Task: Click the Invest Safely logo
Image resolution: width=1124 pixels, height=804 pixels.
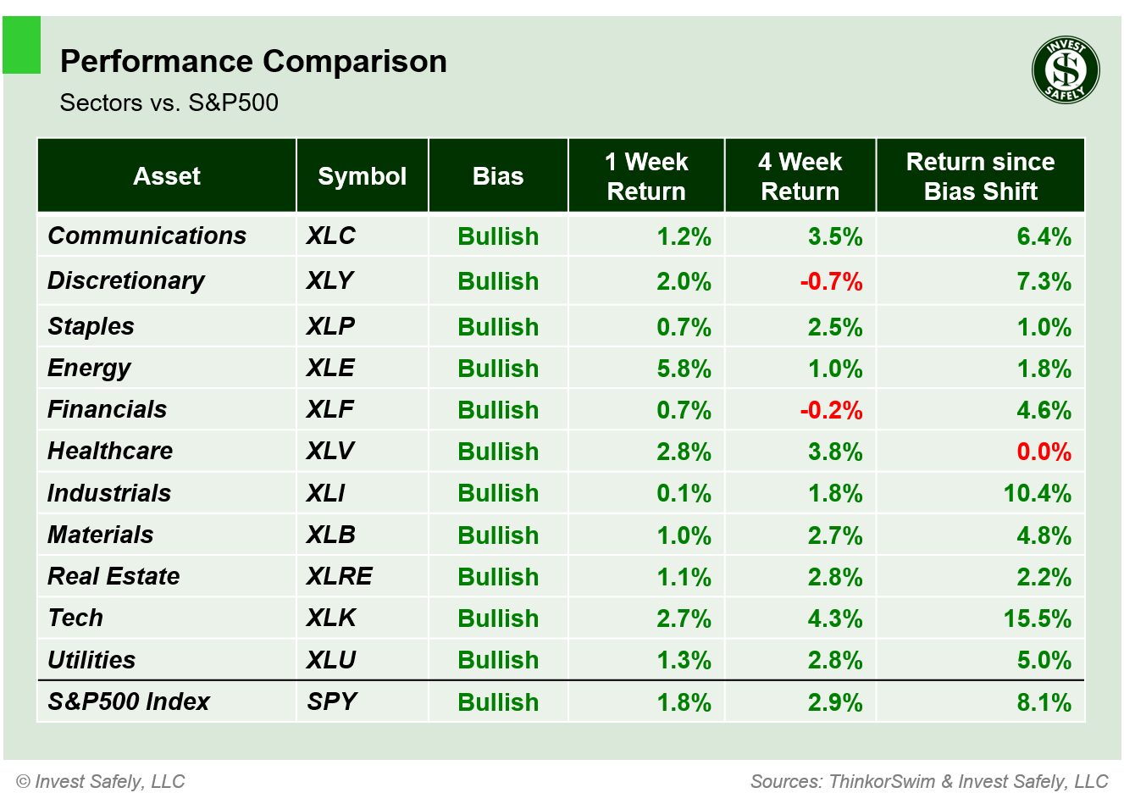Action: pyautogui.click(x=1066, y=70)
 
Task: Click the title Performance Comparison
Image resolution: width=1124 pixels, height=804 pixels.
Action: pyautogui.click(x=253, y=62)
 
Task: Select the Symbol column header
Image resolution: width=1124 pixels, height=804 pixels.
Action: pyautogui.click(x=362, y=176)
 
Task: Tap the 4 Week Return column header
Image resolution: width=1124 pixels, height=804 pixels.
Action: pyautogui.click(x=800, y=176)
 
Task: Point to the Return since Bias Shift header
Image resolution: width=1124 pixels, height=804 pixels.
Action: pyautogui.click(x=980, y=176)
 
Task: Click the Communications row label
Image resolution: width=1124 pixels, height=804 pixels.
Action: pyautogui.click(x=147, y=236)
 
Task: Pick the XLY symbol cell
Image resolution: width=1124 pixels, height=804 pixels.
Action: pyautogui.click(x=329, y=280)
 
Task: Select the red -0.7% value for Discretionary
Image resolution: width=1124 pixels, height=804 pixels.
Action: pyautogui.click(x=831, y=281)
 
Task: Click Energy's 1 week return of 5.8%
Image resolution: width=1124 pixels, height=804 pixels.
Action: pyautogui.click(x=684, y=369)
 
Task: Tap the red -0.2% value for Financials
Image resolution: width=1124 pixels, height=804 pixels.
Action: pyautogui.click(x=831, y=410)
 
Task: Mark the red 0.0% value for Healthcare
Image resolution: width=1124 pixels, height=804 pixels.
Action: pyautogui.click(x=1044, y=452)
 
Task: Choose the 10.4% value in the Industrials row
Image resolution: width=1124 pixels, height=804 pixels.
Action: pyautogui.click(x=1037, y=493)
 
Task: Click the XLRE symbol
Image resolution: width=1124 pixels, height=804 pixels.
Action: pyautogui.click(x=339, y=576)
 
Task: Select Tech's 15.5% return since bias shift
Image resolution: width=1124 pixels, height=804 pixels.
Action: pyautogui.click(x=1037, y=618)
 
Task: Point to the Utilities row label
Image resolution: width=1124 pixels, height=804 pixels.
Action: pyautogui.click(x=91, y=660)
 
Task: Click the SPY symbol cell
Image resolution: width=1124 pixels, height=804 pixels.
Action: pyautogui.click(x=331, y=701)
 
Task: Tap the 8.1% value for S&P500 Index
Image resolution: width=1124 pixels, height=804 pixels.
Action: pyautogui.click(x=1044, y=702)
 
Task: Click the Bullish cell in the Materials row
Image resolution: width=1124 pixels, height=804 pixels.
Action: pyautogui.click(x=498, y=535)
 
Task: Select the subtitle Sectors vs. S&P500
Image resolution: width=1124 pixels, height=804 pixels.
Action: pyautogui.click(x=169, y=103)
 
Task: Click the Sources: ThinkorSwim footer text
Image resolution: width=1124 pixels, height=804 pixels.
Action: pyautogui.click(x=928, y=781)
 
